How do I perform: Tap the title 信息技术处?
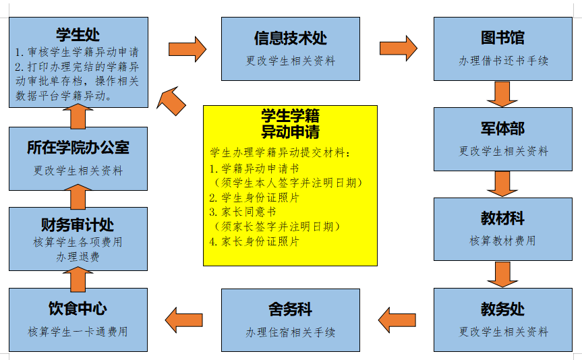click(x=290, y=38)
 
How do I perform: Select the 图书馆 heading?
click(x=502, y=38)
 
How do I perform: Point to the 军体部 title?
click(x=502, y=129)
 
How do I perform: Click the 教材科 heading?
click(x=502, y=219)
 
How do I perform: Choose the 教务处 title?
click(x=502, y=309)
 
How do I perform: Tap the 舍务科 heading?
click(x=290, y=309)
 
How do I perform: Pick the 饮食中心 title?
click(x=78, y=309)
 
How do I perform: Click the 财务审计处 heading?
click(x=78, y=223)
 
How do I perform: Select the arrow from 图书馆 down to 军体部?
click(x=502, y=94)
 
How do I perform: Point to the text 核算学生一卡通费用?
click(x=78, y=332)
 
